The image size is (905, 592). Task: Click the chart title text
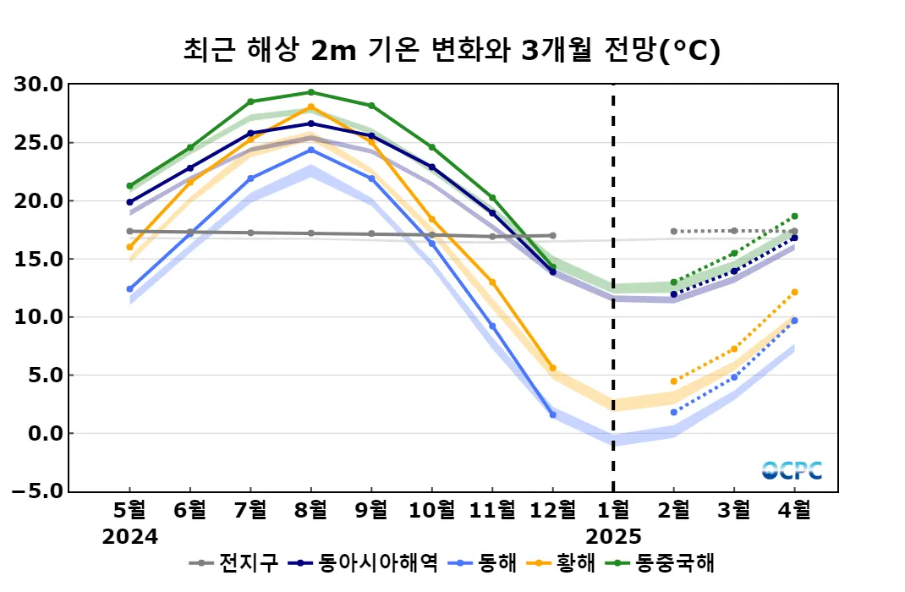pos(452,51)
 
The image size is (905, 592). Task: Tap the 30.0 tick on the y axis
pos(39,85)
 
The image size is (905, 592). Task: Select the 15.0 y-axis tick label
pos(39,259)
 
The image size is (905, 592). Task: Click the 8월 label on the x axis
pos(310,510)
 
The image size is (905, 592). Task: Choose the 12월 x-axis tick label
pos(552,510)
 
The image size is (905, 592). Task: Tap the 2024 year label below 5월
pos(129,537)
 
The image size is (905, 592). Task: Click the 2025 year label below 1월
pos(613,537)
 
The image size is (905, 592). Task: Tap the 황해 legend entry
pos(564,562)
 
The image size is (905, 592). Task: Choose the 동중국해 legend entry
pos(668,562)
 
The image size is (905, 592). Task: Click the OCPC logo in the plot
pos(792,470)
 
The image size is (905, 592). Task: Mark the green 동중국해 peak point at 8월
pos(310,92)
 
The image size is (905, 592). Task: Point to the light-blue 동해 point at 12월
pos(552,415)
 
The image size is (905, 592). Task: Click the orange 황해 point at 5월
pos(129,247)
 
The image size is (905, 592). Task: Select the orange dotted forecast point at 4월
pos(794,292)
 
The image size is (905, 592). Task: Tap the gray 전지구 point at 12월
pos(552,235)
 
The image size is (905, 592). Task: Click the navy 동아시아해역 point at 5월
pos(129,202)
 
